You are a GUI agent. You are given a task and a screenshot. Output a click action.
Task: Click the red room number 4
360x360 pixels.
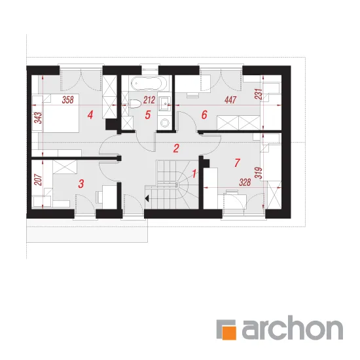[90, 115]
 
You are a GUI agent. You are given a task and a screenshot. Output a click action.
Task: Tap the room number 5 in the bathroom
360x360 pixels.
[148, 115]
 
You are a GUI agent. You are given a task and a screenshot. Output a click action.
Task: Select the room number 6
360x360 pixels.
[204, 115]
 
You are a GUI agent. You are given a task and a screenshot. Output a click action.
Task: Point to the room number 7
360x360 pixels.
[237, 162]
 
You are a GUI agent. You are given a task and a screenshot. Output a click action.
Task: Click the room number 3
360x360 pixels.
[81, 184]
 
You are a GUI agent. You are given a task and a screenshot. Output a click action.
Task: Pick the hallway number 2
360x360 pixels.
[176, 149]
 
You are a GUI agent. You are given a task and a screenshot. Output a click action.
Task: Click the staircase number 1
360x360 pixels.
[194, 174]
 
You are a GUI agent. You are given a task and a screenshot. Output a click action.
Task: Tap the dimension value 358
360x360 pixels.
[68, 100]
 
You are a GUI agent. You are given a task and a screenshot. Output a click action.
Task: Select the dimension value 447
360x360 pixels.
[230, 100]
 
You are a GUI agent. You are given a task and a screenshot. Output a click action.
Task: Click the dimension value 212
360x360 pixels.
[149, 100]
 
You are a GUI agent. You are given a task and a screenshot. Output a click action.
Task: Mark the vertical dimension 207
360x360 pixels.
[38, 180]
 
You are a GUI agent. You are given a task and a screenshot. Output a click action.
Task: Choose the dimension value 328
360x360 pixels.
[245, 183]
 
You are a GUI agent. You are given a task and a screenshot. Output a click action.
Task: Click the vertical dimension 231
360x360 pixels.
[259, 94]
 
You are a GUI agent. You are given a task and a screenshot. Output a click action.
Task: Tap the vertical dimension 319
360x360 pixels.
[259, 172]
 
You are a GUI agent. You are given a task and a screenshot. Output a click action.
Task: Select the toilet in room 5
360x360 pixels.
[135, 104]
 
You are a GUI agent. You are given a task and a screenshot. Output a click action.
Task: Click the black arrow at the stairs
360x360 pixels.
[147, 198]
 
